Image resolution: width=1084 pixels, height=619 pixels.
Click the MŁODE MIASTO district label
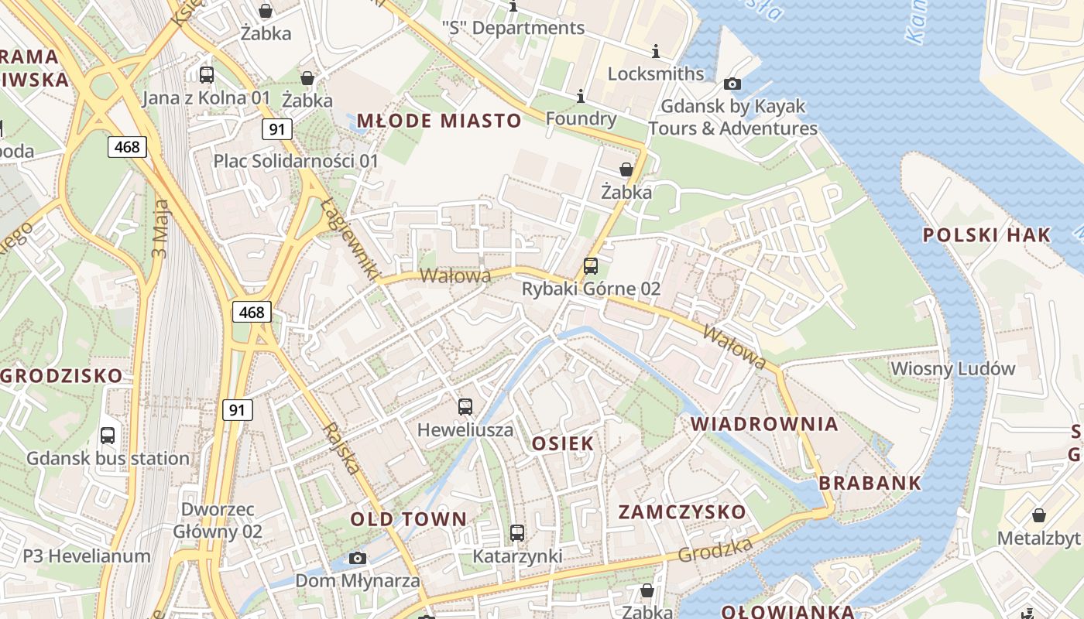[439, 121]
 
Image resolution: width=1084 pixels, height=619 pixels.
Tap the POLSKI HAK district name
[987, 235]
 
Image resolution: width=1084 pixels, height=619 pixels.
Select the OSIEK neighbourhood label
[563, 443]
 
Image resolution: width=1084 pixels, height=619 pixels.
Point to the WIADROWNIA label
[764, 424]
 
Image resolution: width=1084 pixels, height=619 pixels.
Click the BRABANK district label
[870, 483]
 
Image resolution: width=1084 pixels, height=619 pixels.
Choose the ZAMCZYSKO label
[682, 511]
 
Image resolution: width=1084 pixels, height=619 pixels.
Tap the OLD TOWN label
[409, 519]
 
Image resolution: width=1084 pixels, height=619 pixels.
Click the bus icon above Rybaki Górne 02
[591, 267]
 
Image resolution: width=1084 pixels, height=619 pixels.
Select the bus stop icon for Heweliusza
[465, 407]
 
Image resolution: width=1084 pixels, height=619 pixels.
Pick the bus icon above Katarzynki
[517, 533]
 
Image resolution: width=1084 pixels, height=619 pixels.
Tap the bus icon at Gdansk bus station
[108, 436]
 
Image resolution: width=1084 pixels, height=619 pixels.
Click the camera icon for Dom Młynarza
[357, 558]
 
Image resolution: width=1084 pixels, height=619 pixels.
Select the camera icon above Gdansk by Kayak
[732, 84]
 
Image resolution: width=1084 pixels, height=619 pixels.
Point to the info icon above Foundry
[580, 96]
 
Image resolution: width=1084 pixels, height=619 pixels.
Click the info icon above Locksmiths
[656, 52]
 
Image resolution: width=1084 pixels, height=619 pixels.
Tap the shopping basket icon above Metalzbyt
[1039, 515]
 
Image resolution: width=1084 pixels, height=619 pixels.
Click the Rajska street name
[341, 448]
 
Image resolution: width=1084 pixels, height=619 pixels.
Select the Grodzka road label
[715, 550]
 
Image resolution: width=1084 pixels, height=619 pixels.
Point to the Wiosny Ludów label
[952, 368]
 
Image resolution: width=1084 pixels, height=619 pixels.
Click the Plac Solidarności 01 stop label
[296, 161]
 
